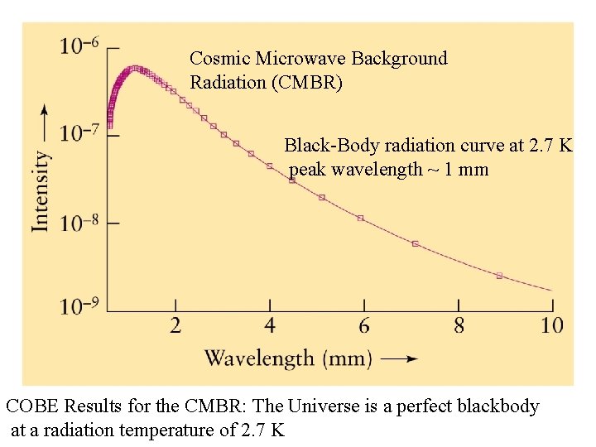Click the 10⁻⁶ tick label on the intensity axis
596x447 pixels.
[79, 46]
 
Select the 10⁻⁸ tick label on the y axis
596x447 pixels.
[79, 222]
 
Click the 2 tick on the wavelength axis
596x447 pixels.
[175, 325]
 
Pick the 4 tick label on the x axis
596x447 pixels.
[270, 325]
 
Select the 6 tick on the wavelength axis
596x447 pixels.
[364, 325]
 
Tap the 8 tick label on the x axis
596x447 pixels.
[459, 325]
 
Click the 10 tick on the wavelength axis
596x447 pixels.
[551, 325]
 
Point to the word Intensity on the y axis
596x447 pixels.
[41, 190]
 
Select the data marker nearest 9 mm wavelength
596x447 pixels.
[499, 276]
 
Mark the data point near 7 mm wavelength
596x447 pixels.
[416, 243]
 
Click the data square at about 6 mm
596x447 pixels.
[360, 218]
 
